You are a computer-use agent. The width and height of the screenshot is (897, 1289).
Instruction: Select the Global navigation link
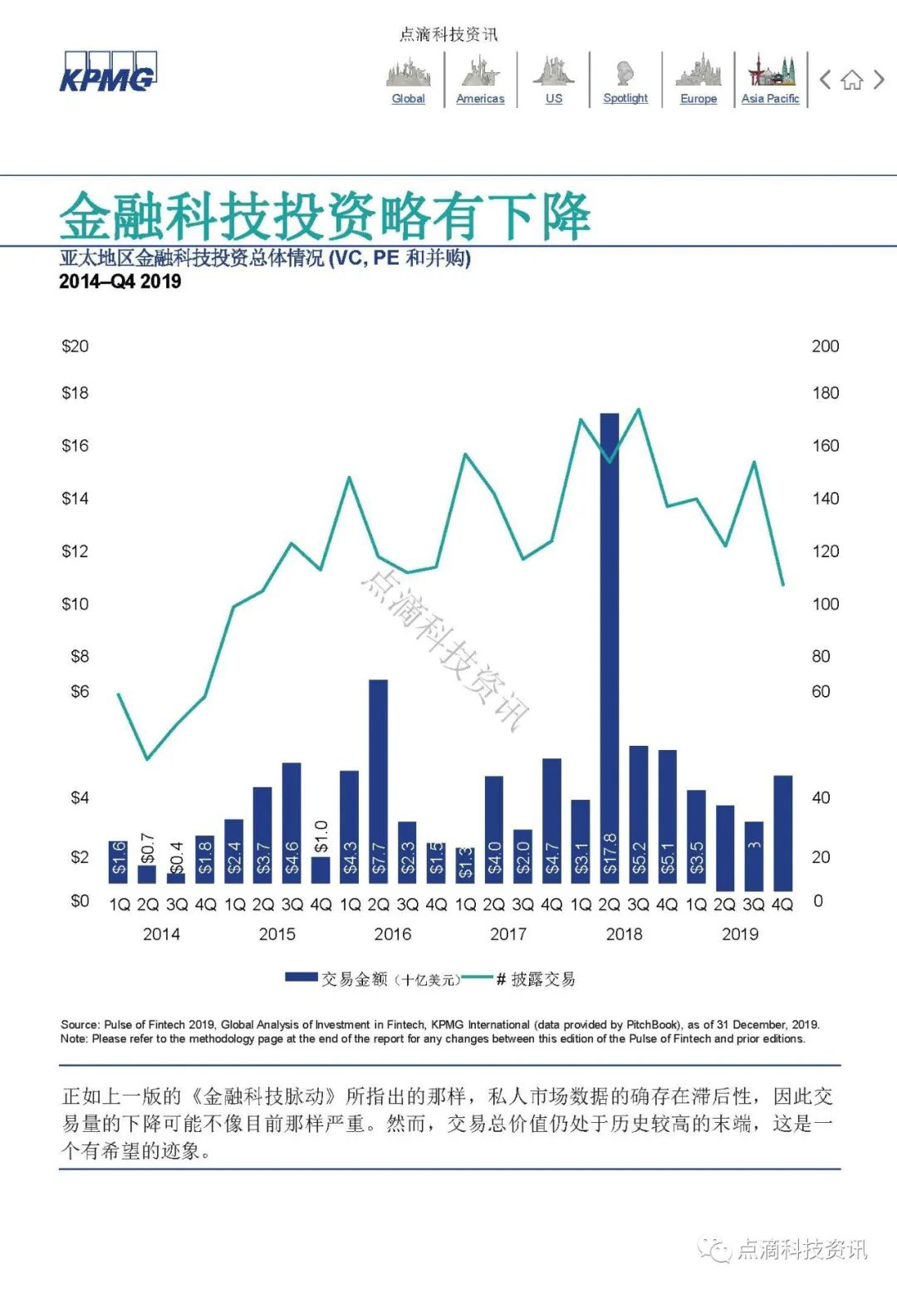click(408, 98)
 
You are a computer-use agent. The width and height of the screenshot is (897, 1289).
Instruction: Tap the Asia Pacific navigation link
click(770, 98)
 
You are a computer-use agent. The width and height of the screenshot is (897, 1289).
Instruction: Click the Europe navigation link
click(698, 98)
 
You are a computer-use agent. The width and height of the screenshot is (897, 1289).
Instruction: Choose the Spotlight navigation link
click(625, 98)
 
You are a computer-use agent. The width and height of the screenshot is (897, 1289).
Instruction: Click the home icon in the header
click(851, 81)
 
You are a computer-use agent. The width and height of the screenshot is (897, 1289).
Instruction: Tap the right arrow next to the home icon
click(879, 80)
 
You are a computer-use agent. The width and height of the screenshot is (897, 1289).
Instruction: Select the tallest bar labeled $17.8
click(610, 648)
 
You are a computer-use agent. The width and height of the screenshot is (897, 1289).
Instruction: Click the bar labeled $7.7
click(378, 781)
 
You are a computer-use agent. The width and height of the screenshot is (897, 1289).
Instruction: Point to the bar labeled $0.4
click(176, 878)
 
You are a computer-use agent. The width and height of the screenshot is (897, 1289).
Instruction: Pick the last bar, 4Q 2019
click(782, 832)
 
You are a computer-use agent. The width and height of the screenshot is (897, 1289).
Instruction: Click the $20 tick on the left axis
click(75, 346)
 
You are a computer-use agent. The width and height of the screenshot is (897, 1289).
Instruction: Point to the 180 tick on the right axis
click(825, 393)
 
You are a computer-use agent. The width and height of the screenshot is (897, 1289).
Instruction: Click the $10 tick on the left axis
click(75, 604)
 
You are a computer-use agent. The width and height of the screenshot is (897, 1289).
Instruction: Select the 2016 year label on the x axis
click(392, 934)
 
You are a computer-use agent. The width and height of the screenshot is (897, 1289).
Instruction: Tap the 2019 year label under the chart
click(739, 934)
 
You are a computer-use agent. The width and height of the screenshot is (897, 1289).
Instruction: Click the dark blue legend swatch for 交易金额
click(301, 978)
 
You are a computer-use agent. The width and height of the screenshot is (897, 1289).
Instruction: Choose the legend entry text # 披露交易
click(535, 979)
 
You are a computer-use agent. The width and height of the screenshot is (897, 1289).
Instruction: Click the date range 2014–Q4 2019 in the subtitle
click(120, 282)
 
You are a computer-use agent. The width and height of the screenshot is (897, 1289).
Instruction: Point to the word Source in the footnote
click(79, 1025)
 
